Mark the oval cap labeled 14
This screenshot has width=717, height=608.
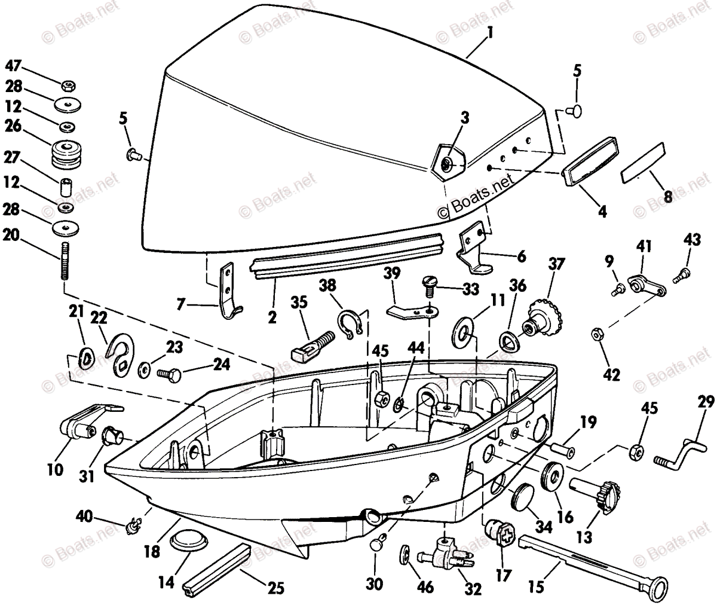[189, 541]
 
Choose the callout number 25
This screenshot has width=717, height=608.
[275, 589]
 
